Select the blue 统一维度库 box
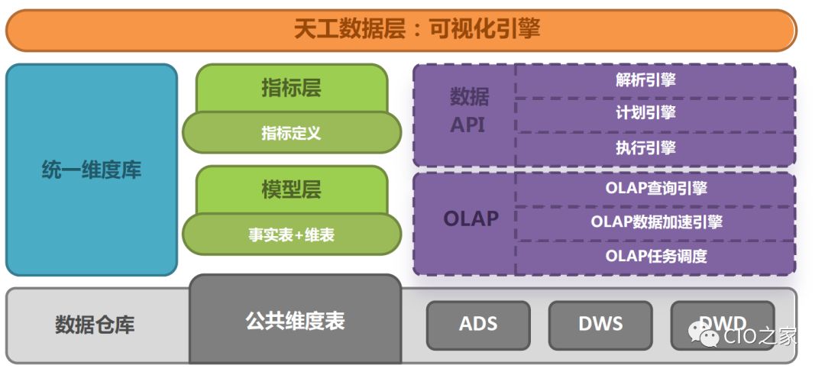tap(91, 170)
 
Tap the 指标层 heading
tap(291, 89)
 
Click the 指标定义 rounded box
tap(291, 133)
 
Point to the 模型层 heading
tap(291, 189)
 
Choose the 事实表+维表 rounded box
tap(291, 235)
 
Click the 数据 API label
tap(467, 111)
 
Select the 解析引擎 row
tap(654, 79)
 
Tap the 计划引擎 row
tap(654, 114)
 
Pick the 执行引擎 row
tap(654, 148)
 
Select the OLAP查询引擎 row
tap(654, 188)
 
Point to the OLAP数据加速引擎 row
tap(654, 222)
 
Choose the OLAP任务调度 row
tap(654, 257)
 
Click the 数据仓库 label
tap(95, 325)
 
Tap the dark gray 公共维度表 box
tap(295, 320)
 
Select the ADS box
tap(477, 324)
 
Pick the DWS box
tap(600, 324)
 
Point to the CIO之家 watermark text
tap(760, 335)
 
